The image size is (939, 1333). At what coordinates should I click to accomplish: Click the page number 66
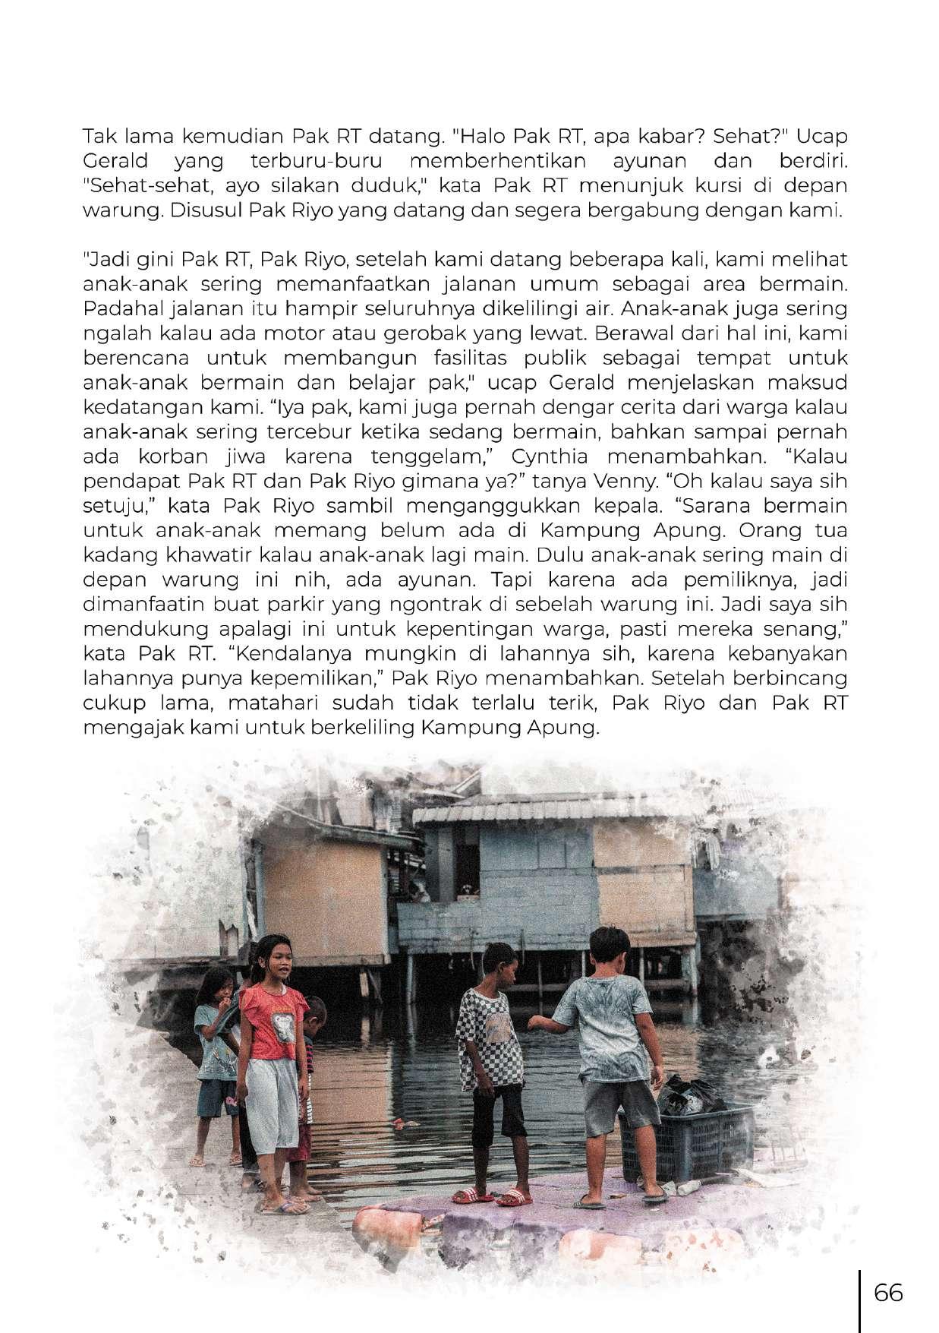pyautogui.click(x=888, y=1291)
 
